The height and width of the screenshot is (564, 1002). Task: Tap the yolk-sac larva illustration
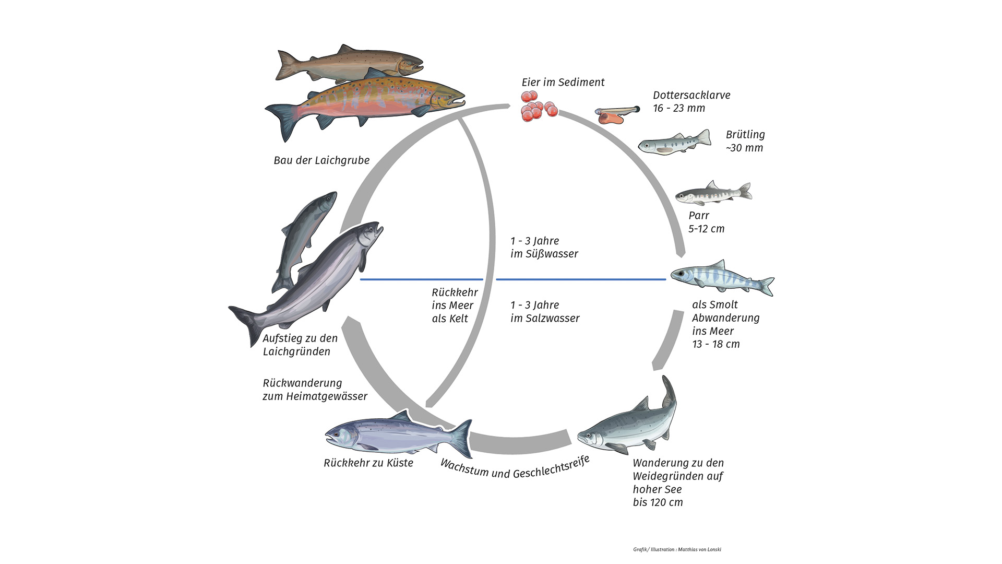pos(616,114)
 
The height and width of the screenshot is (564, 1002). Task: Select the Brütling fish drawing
pos(674,142)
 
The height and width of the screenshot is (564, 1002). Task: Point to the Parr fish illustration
pos(713,194)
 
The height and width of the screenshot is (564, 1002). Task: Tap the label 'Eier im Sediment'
pos(563,83)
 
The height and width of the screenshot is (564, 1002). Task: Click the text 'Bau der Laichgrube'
pos(321,160)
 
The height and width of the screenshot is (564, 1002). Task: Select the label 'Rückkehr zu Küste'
pos(368,463)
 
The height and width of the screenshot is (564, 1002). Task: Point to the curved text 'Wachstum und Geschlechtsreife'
pos(515,468)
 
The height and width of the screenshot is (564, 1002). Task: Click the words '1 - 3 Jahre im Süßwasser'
pos(544,248)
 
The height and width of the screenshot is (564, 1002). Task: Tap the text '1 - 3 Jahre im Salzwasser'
pos(544,312)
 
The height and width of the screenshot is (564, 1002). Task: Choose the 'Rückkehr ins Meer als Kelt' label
pos(454,305)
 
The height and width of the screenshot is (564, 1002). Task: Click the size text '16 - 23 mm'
pos(679,109)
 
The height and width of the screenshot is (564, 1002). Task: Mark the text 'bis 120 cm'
pos(658,502)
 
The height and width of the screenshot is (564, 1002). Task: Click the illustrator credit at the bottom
pos(677,549)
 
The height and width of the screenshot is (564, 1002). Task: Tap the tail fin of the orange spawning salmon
pos(282,119)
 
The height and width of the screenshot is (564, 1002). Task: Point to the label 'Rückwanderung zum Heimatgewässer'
pos(315,390)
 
